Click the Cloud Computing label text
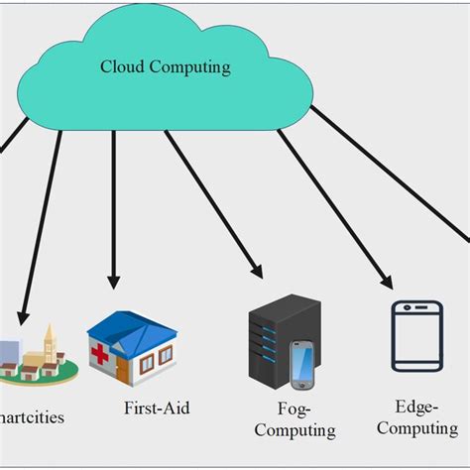(x=165, y=67)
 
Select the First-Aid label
(x=157, y=408)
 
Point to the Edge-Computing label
(x=416, y=417)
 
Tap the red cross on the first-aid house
(x=99, y=353)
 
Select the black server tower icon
(x=268, y=347)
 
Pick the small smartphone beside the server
(x=301, y=366)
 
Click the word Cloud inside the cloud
(x=120, y=67)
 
